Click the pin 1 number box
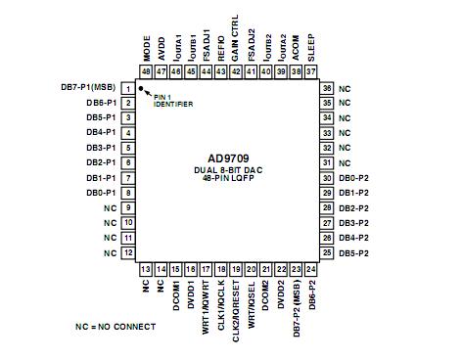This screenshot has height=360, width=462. [x=128, y=88]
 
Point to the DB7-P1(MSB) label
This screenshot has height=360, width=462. [x=86, y=88]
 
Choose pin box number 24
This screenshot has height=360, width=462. [x=310, y=268]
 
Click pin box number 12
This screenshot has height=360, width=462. [x=128, y=252]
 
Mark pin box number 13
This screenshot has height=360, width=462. [x=146, y=268]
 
